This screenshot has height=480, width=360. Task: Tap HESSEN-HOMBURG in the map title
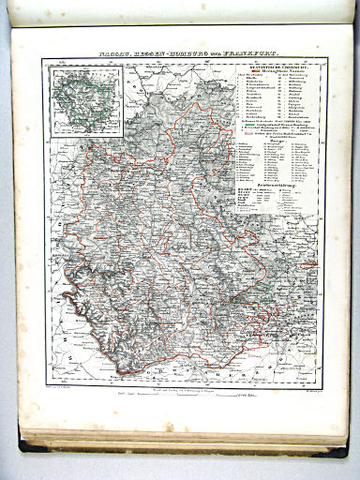coord(165,53)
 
